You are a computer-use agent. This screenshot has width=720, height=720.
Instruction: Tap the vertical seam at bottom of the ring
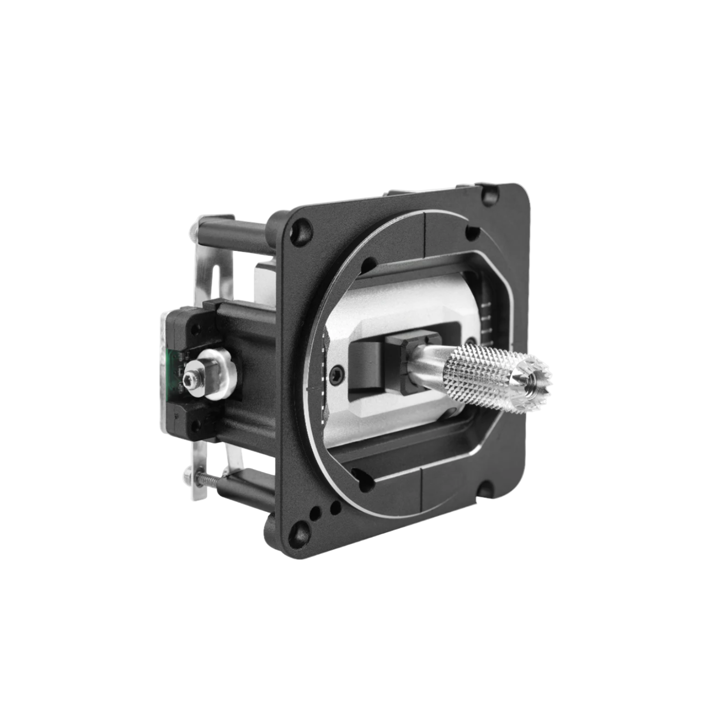click(x=421, y=485)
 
